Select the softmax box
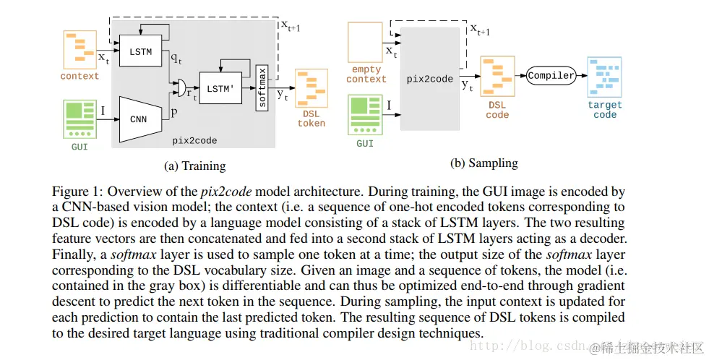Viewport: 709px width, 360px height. (x=262, y=87)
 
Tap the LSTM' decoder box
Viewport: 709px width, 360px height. (x=220, y=87)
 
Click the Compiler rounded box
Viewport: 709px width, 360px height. (x=551, y=75)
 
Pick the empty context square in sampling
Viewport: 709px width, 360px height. (x=366, y=42)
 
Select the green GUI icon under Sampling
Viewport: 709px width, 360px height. (x=365, y=116)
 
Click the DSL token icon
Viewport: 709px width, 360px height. (x=311, y=90)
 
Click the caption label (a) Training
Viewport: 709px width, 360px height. (x=195, y=166)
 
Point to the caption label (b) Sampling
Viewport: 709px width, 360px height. (x=484, y=163)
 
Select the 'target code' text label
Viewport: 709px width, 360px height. (x=605, y=109)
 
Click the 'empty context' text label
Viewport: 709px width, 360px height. (x=366, y=74)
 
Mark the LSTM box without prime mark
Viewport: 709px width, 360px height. (x=142, y=52)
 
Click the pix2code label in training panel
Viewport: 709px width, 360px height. (x=195, y=140)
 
